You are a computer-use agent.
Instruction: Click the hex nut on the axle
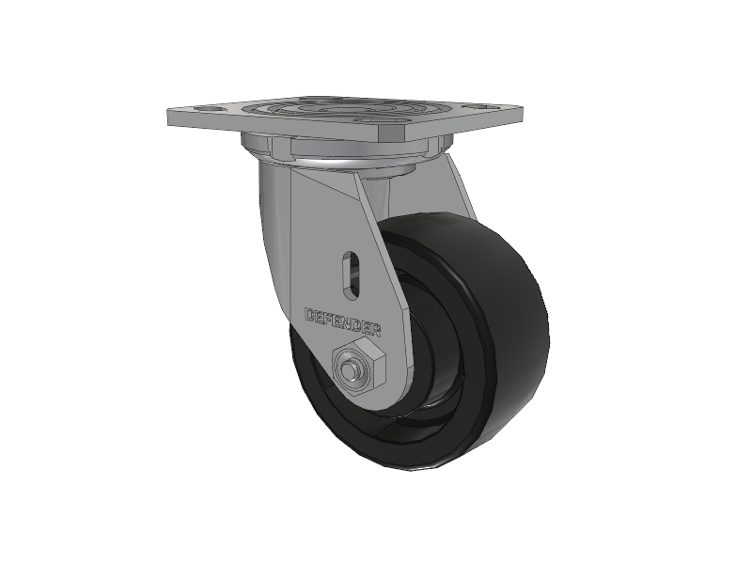click(358, 364)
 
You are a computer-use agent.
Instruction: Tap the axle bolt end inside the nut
click(350, 368)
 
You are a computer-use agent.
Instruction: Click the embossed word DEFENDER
click(343, 321)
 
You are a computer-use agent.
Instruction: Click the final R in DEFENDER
click(375, 330)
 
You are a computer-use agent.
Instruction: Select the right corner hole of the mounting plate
click(482, 106)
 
